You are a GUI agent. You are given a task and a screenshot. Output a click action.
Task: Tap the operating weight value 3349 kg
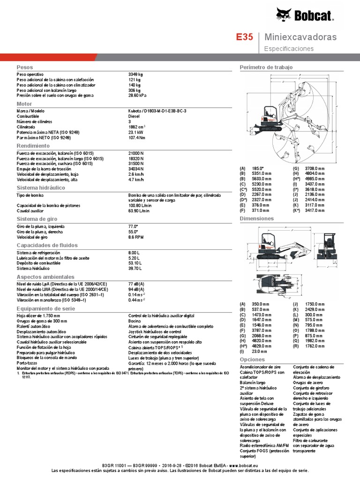tap(135, 75)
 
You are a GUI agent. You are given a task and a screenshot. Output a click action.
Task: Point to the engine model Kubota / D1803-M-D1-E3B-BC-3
tap(157, 111)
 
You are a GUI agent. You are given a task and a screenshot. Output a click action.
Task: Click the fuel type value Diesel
tap(134, 116)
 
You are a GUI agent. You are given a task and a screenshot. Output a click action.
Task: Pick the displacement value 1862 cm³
tap(136, 127)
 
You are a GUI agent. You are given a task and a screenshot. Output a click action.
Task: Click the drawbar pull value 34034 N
tap(135, 169)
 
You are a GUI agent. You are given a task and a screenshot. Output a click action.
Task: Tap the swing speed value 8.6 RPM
tap(135, 237)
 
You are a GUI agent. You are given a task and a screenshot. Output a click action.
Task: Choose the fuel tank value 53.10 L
tap(135, 263)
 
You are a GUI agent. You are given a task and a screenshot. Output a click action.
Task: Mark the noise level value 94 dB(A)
tap(136, 289)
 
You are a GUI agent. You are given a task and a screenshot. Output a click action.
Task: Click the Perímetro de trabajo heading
tap(266, 67)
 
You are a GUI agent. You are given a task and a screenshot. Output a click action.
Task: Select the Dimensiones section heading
tap(256, 218)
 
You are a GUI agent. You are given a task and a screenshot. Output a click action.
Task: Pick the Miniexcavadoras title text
tap(300, 37)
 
